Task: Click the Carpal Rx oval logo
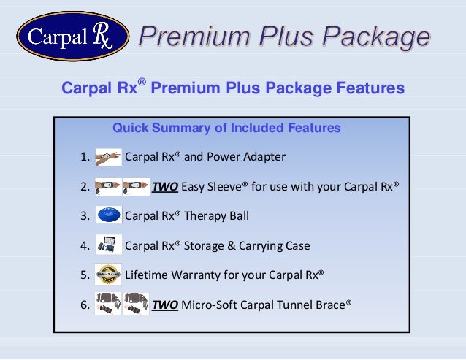[x=72, y=37]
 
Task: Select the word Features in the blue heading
[x=368, y=89]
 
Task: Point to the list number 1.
[x=85, y=157]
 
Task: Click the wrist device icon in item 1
[x=108, y=156]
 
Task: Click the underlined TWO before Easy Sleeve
[x=164, y=186]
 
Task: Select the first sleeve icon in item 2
[x=108, y=186]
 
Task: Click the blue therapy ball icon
[x=108, y=215]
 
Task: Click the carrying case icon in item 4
[x=108, y=245]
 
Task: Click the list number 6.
[x=85, y=305]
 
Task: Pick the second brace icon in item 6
[x=136, y=304]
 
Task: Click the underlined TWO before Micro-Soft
[x=164, y=305]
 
